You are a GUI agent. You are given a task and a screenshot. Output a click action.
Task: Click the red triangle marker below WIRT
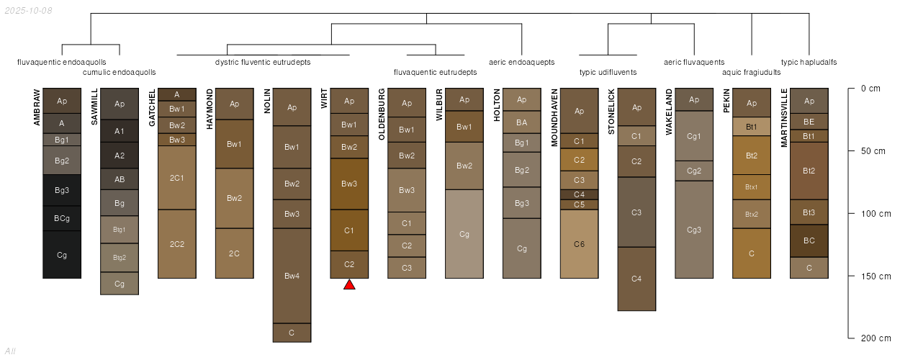[x=349, y=285]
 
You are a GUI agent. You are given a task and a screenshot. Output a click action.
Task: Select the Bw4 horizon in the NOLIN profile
[x=292, y=276]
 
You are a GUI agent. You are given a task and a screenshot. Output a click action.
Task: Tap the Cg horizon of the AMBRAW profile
[x=62, y=255]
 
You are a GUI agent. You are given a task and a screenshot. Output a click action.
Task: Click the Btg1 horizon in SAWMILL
[x=120, y=230]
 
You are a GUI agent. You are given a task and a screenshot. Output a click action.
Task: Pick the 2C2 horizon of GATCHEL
[x=177, y=244]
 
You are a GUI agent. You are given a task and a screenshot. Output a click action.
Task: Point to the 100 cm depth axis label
[x=870, y=214]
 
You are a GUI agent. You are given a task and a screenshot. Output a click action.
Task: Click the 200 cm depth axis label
[x=870, y=338]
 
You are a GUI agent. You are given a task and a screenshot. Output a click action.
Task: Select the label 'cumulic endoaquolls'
[x=120, y=72]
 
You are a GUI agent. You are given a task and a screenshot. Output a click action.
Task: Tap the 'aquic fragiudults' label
[x=751, y=72]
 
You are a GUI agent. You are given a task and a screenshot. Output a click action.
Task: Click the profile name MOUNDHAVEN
[x=554, y=118]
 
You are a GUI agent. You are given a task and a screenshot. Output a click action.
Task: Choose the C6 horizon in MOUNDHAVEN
[x=580, y=244]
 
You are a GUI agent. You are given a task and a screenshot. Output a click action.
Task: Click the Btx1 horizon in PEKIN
[x=752, y=186]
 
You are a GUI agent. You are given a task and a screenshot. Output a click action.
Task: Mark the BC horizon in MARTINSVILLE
[x=809, y=240]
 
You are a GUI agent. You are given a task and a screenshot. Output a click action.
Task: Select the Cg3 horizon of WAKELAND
[x=694, y=230]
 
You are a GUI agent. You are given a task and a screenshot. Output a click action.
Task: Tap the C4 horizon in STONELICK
[x=636, y=279]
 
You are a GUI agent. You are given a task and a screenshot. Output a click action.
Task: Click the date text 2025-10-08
[x=28, y=11]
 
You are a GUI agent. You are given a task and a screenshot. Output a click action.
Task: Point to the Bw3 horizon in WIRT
[x=349, y=184]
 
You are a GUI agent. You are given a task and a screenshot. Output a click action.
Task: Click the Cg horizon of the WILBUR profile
[x=464, y=234]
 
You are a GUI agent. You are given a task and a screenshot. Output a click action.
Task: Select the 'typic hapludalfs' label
[x=809, y=62]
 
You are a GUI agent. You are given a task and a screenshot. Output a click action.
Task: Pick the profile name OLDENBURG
[x=382, y=118]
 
